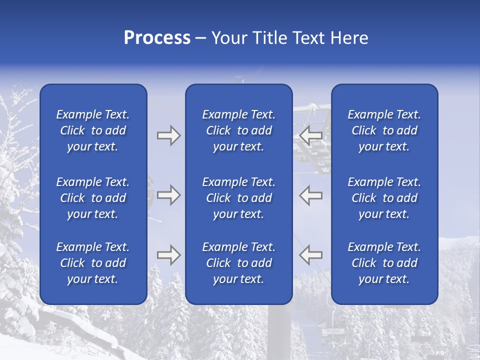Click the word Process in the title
click(x=157, y=38)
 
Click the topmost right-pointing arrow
click(x=168, y=135)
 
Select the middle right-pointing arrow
click(x=168, y=195)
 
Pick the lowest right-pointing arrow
click(x=168, y=255)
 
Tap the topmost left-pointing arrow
click(x=310, y=135)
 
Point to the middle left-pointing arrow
click(x=310, y=195)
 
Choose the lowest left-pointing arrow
click(x=310, y=255)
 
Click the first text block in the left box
click(x=93, y=130)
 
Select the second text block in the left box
click(x=93, y=198)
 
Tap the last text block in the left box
click(x=93, y=263)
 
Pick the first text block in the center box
click(x=238, y=130)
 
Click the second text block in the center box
click(x=238, y=198)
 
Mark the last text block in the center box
click(x=238, y=263)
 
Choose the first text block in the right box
click(x=384, y=130)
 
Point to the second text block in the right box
click(x=384, y=198)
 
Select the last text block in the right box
click(x=384, y=263)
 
